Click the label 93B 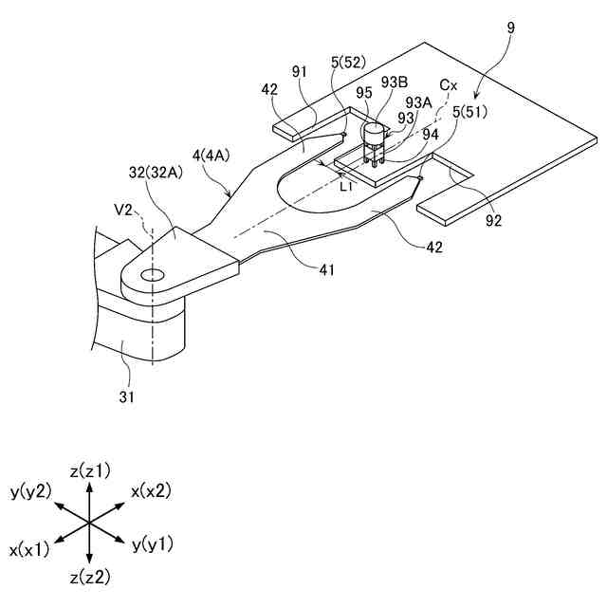click(x=394, y=82)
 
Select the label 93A click(x=418, y=103)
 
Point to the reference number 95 click(x=364, y=94)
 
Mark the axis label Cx click(x=449, y=85)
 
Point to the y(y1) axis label click(x=153, y=543)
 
